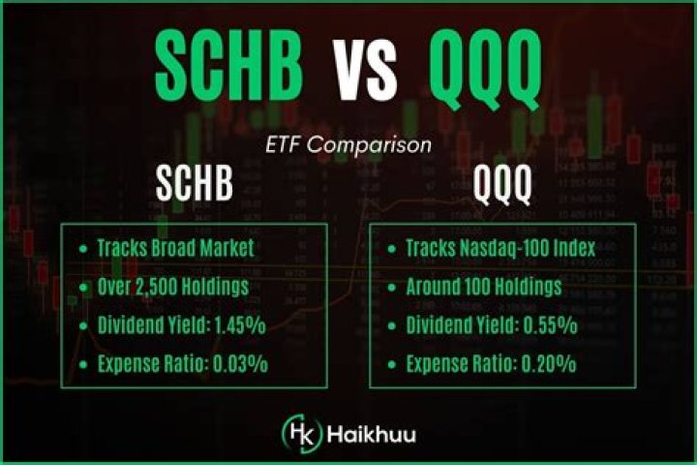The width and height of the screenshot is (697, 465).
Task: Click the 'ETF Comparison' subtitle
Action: click(348, 147)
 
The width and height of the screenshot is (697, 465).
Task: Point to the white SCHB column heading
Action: click(195, 186)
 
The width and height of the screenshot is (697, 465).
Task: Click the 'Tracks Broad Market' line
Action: click(174, 248)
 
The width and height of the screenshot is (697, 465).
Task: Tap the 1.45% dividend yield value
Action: click(240, 325)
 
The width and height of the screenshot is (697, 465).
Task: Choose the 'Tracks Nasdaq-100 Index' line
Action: click(500, 248)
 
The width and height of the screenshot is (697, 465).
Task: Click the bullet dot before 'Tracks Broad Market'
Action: click(82, 249)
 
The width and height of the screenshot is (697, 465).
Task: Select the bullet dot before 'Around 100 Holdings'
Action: click(392, 288)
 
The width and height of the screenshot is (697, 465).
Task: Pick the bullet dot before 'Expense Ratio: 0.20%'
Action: click(392, 365)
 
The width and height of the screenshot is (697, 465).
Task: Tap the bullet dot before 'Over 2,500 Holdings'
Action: click(82, 288)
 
